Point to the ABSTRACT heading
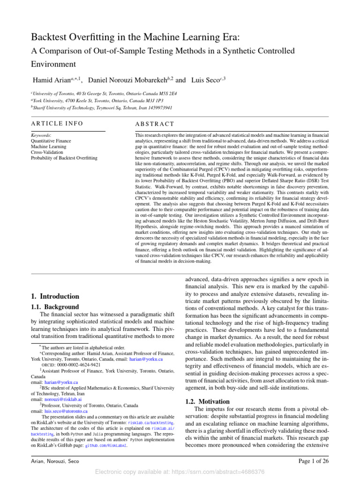coord(154,124)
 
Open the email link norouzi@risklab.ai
coord(63,399)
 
